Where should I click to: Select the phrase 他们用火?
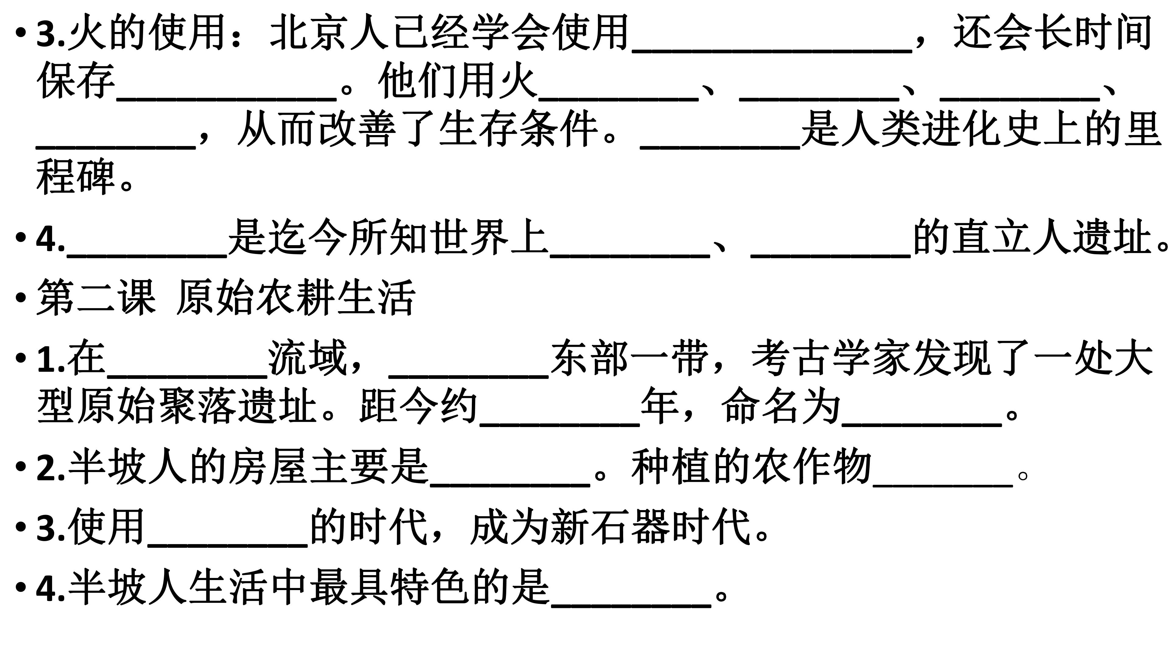458,81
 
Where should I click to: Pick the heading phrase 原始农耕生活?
295,297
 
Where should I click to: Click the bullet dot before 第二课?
20,298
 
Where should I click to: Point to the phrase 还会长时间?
1053,32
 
